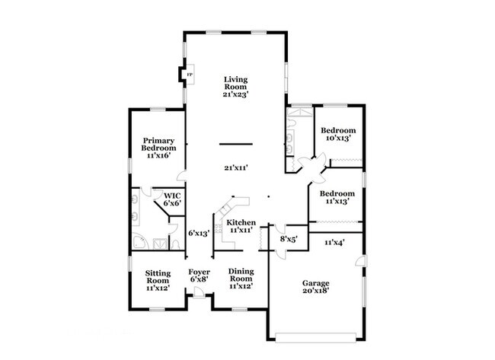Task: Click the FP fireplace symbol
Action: (190, 75)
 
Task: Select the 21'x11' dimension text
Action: (236, 168)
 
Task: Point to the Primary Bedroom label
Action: (158, 148)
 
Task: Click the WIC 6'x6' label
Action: (172, 199)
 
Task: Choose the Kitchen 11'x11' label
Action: (241, 226)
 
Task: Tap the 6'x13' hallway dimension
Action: (199, 234)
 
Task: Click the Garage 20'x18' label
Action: (316, 287)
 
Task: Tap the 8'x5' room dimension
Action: (289, 240)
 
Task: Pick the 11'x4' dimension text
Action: (334, 242)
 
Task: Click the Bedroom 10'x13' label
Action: (338, 134)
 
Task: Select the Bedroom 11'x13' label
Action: (337, 197)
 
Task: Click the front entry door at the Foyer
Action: (199, 292)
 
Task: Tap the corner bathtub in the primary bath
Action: (139, 241)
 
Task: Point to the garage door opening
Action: (316, 338)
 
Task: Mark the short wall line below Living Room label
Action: (236, 144)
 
